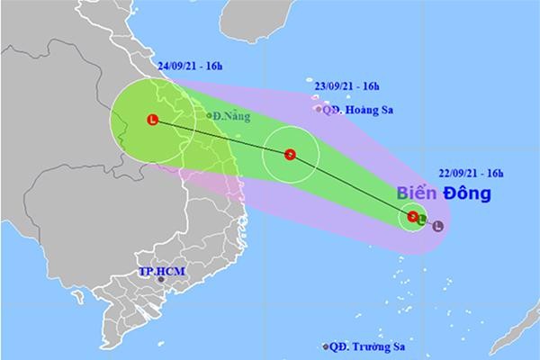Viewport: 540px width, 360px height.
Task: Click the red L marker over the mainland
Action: point(152,120)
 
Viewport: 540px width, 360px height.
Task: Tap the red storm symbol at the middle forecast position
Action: point(290,155)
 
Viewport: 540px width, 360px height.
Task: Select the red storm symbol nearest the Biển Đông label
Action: point(413,216)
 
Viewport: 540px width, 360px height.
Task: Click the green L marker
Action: point(422,217)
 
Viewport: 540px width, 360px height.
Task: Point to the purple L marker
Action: point(437,226)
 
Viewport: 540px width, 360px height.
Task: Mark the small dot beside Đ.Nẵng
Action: point(209,115)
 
